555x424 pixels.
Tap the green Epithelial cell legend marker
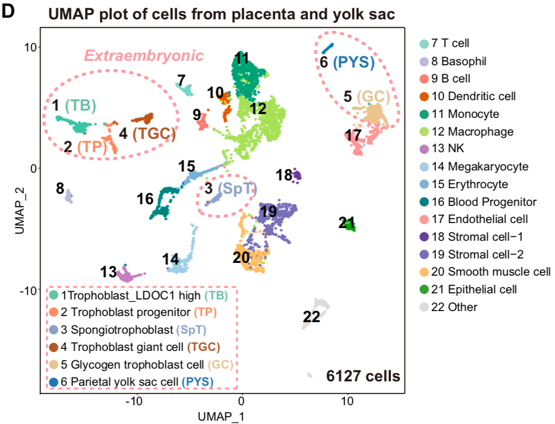(424, 289)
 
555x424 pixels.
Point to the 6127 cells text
(362, 376)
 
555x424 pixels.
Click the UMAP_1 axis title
(222, 413)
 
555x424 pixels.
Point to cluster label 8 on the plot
(60, 189)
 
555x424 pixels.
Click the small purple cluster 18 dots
(297, 176)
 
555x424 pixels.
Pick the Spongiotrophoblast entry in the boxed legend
(133, 329)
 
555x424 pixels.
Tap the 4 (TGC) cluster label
(147, 133)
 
